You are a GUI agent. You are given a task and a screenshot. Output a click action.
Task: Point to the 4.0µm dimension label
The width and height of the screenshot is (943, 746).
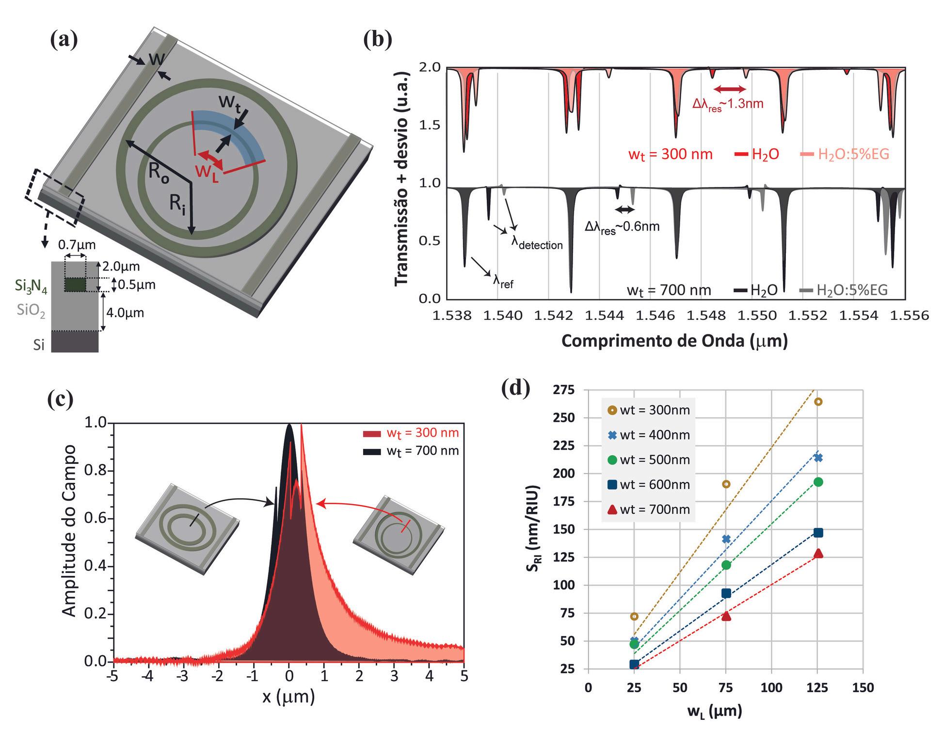point(125,312)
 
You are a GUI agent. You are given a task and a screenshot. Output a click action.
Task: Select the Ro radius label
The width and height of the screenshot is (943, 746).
point(159,173)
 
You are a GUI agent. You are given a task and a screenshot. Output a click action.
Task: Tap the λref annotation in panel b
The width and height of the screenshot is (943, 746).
point(503,282)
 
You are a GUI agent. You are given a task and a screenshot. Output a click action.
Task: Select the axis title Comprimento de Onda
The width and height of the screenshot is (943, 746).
point(674,341)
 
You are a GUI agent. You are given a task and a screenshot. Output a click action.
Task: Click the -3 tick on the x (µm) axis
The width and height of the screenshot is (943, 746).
point(183,676)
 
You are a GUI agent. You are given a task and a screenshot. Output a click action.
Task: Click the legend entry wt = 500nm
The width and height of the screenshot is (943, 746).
point(655,460)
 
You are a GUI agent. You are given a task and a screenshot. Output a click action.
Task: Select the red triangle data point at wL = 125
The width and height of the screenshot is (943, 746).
point(818,554)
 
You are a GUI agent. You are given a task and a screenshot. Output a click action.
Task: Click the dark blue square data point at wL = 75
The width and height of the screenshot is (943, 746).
point(726,593)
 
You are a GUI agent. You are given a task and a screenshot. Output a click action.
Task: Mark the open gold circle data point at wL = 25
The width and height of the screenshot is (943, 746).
point(634,617)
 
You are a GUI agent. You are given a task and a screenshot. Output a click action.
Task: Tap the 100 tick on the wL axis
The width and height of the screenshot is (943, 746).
point(771,688)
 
